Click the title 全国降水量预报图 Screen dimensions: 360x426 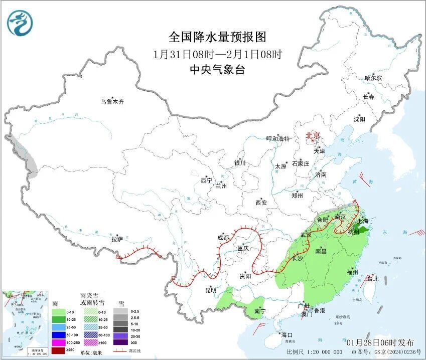pos(217,37)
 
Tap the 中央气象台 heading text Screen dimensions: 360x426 pos(217,70)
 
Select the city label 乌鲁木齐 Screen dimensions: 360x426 pos(112,102)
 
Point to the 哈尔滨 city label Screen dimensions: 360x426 pos(373,78)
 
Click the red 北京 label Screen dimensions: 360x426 pos(314,135)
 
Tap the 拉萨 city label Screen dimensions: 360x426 pos(117,239)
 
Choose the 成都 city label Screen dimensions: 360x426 pos(223,238)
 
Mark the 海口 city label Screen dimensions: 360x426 pos(287,334)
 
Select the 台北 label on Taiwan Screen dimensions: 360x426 pos(373,279)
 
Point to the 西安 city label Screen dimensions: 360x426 pos(261,203)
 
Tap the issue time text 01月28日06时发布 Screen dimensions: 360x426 pos(380,342)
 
